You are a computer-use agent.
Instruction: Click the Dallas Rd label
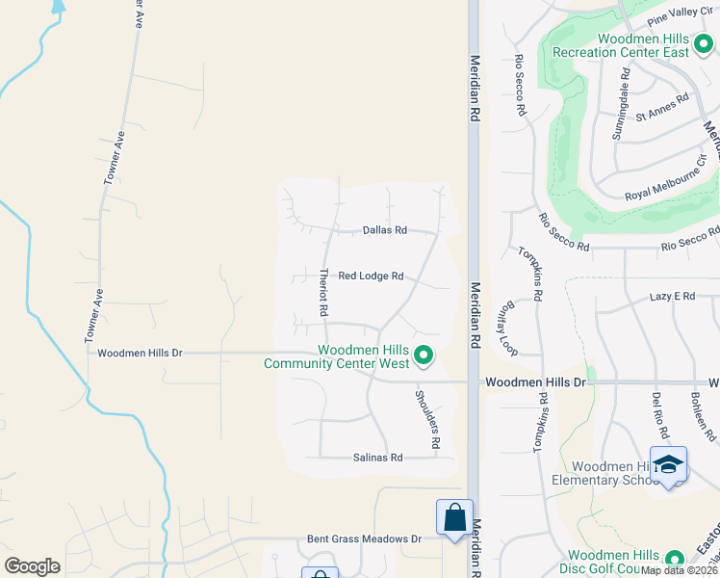pyautogui.click(x=385, y=230)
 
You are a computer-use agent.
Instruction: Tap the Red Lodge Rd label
pyautogui.click(x=371, y=276)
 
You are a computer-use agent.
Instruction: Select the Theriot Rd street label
pyautogui.click(x=323, y=292)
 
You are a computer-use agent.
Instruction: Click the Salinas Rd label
pyautogui.click(x=377, y=458)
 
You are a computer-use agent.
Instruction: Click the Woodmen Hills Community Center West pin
pyautogui.click(x=424, y=357)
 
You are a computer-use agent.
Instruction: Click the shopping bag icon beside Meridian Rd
pyautogui.click(x=453, y=517)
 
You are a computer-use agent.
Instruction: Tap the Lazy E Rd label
pyautogui.click(x=672, y=297)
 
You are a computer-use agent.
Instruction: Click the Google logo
pyautogui.click(x=32, y=565)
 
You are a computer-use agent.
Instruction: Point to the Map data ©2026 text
pyautogui.click(x=680, y=570)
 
